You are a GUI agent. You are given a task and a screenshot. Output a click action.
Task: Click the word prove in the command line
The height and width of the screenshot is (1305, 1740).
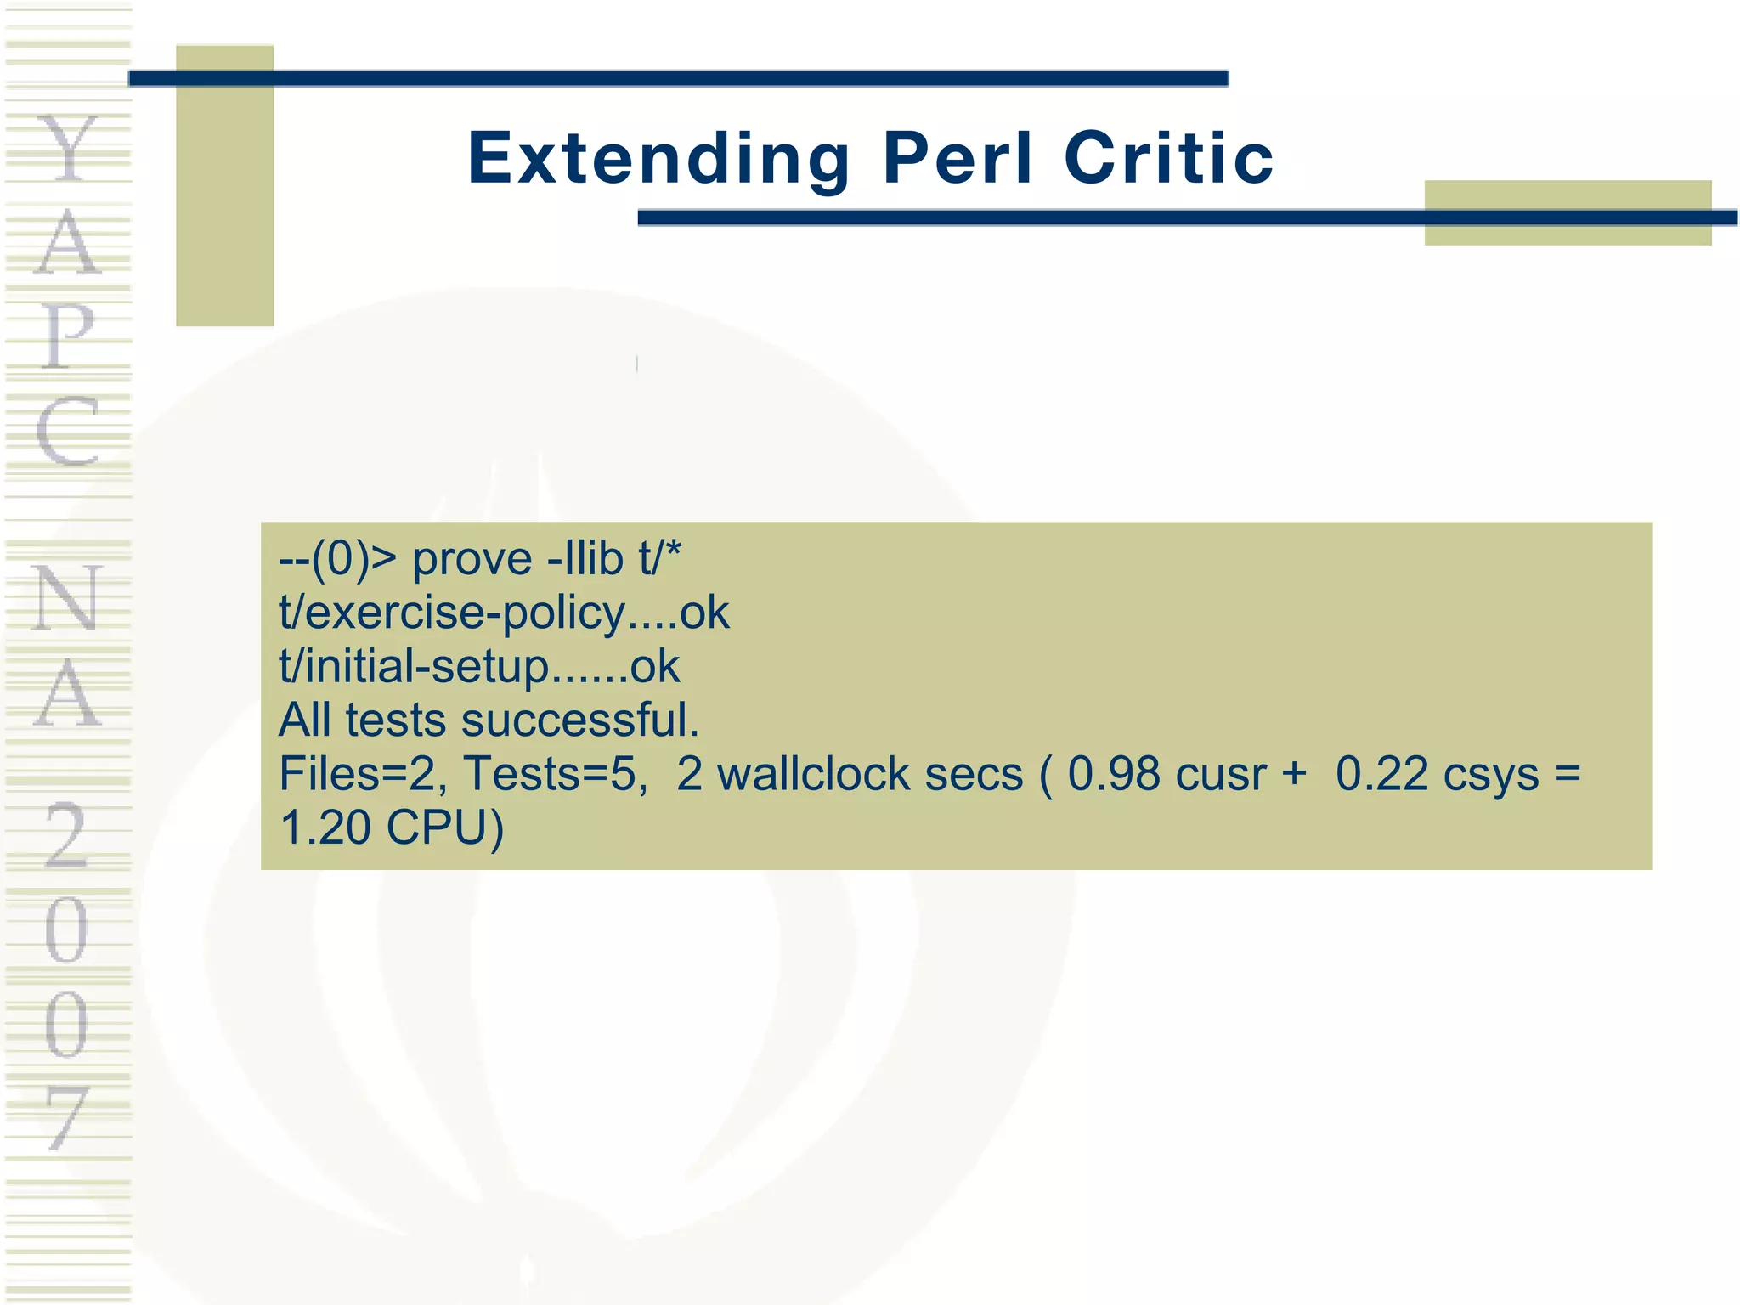[472, 561]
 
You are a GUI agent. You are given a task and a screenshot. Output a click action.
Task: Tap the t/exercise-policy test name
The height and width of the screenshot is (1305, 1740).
[451, 613]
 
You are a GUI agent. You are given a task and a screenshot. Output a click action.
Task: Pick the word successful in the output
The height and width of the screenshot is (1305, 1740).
[580, 720]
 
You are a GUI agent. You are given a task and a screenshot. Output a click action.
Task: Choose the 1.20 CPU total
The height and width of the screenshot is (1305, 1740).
[391, 828]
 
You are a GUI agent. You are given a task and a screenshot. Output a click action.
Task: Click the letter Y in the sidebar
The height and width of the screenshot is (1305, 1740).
[68, 150]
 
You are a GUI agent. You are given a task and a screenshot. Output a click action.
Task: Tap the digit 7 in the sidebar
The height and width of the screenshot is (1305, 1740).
[68, 1118]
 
